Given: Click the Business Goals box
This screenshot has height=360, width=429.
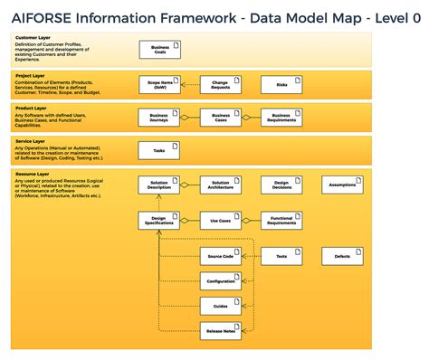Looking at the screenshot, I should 159,50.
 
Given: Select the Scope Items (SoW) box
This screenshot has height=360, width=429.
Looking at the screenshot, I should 159,85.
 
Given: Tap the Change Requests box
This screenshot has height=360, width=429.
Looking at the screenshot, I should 220,85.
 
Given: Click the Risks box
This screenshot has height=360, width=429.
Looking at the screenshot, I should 281,85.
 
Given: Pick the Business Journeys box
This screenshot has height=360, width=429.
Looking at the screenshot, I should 159,117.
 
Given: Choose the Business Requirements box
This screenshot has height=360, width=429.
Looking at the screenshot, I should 281,117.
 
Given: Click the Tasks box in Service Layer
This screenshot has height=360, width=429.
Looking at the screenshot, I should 159,150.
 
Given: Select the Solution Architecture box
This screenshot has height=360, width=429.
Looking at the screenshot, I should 220,185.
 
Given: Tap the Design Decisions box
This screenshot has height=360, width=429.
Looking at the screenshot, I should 281,185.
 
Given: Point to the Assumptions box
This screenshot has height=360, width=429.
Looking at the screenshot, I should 342,185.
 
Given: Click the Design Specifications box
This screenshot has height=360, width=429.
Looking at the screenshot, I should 159,220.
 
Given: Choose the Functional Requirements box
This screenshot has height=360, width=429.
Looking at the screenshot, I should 281,220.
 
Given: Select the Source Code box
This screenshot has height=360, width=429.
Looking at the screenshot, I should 220,257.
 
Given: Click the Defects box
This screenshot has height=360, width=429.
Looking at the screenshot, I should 342,257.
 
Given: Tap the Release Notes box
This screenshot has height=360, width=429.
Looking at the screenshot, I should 220,332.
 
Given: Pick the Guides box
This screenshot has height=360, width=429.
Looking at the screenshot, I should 220,307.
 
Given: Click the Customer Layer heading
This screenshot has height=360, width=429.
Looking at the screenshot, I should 32,38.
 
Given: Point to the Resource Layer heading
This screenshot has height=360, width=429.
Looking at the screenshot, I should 33,173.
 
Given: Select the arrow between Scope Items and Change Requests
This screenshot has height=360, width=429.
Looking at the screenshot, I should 189,85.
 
